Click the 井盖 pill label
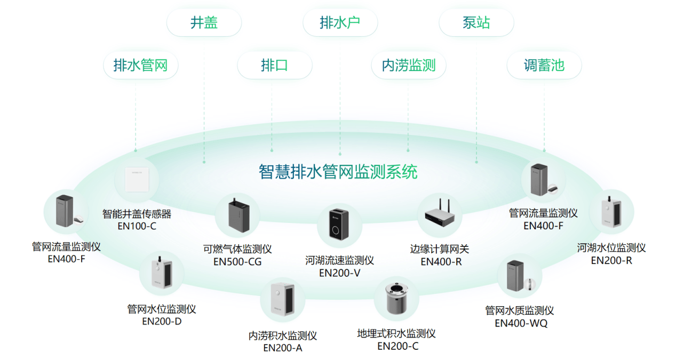(x=204, y=23)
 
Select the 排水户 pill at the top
(x=340, y=23)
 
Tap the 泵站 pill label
(x=476, y=23)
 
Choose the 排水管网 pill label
(x=140, y=66)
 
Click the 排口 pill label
(x=274, y=66)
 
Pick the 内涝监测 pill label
(x=409, y=66)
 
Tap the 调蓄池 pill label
(x=544, y=66)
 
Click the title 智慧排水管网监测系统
(x=338, y=172)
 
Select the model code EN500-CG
(x=237, y=262)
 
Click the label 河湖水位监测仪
(x=611, y=248)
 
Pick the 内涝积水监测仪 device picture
(x=283, y=300)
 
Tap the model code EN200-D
(x=162, y=321)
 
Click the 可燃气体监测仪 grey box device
(x=237, y=215)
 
